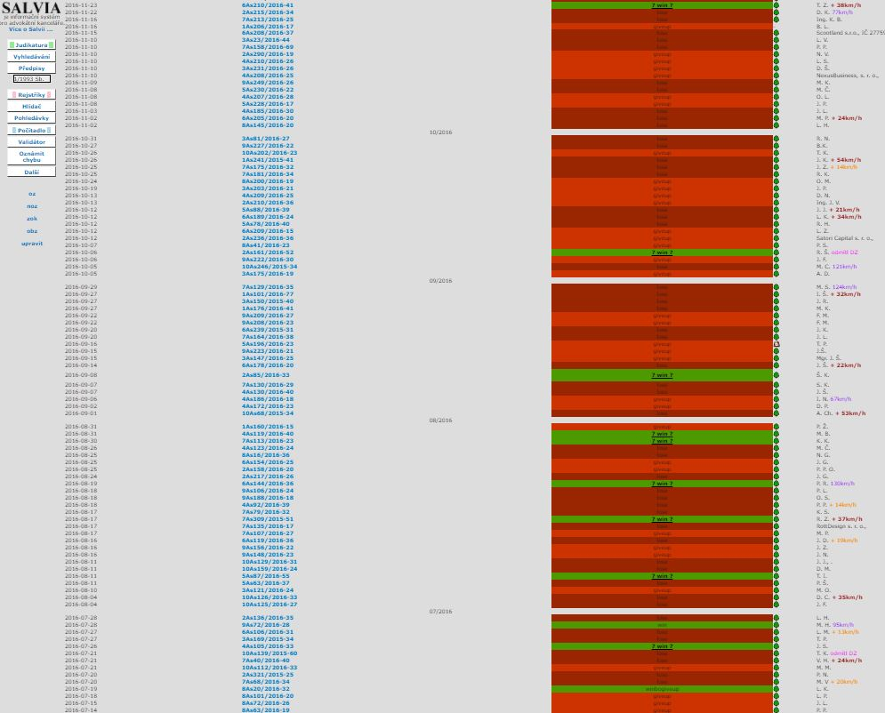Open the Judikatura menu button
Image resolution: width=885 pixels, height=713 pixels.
pyautogui.click(x=31, y=44)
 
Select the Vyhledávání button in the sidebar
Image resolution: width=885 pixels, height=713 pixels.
pyautogui.click(x=31, y=57)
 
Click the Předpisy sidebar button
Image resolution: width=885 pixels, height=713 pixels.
pyautogui.click(x=31, y=68)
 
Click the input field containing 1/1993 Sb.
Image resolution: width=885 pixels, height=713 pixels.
pyautogui.click(x=31, y=79)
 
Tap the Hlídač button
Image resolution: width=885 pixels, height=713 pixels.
pyautogui.click(x=31, y=106)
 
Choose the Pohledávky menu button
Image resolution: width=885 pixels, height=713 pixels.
pyautogui.click(x=31, y=117)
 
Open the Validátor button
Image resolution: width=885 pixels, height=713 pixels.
pyautogui.click(x=31, y=141)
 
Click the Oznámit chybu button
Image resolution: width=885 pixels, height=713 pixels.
pyautogui.click(x=31, y=156)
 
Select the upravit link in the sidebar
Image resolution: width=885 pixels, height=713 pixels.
pyautogui.click(x=32, y=243)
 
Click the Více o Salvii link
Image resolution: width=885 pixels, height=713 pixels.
pyautogui.click(x=31, y=29)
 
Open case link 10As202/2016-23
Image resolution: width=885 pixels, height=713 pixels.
pyautogui.click(x=269, y=153)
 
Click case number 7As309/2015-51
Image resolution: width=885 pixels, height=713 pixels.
pyautogui.click(x=267, y=519)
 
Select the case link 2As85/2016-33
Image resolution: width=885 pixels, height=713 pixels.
pyautogui.click(x=265, y=375)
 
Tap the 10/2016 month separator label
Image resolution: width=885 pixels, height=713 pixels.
pyautogui.click(x=440, y=132)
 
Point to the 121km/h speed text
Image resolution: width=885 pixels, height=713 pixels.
pyautogui.click(x=844, y=267)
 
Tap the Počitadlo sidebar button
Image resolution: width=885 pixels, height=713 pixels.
pyautogui.click(x=31, y=130)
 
